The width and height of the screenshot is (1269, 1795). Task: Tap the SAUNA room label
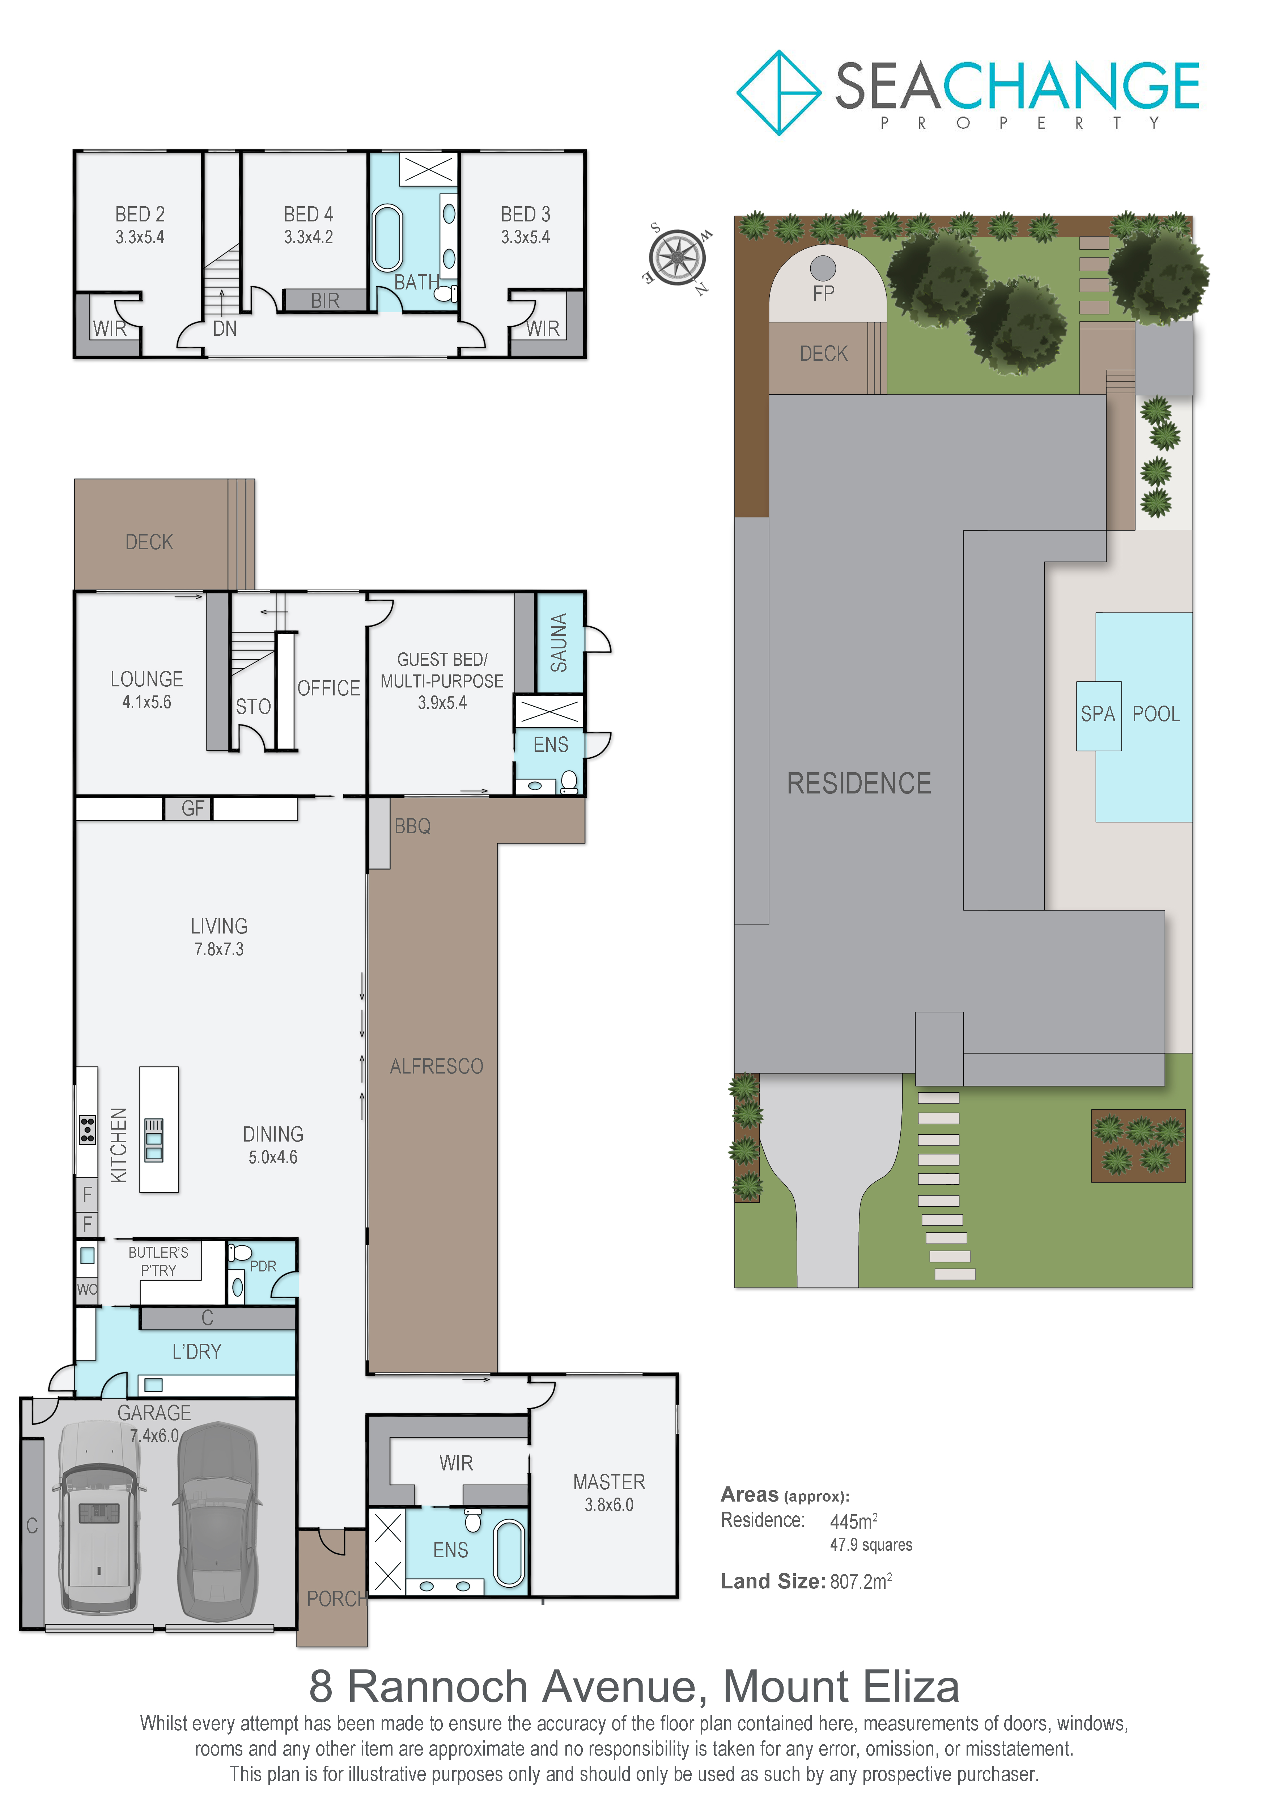pyautogui.click(x=559, y=643)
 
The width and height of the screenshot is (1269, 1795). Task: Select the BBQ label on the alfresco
pyautogui.click(x=413, y=826)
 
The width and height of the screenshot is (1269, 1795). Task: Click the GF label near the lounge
pyautogui.click(x=193, y=808)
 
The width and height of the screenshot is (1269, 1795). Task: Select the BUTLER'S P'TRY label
pyautogui.click(x=158, y=1261)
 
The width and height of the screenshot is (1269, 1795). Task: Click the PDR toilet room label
pyautogui.click(x=263, y=1266)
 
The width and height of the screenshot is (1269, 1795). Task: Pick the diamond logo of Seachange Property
pyautogui.click(x=779, y=92)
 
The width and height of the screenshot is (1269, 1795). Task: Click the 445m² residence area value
pyautogui.click(x=853, y=1521)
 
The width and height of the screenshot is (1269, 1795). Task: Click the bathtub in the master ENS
pyautogui.click(x=509, y=1553)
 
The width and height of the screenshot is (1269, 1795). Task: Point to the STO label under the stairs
pyautogui.click(x=253, y=707)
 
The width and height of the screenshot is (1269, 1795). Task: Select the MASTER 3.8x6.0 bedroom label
pyautogui.click(x=609, y=1493)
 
